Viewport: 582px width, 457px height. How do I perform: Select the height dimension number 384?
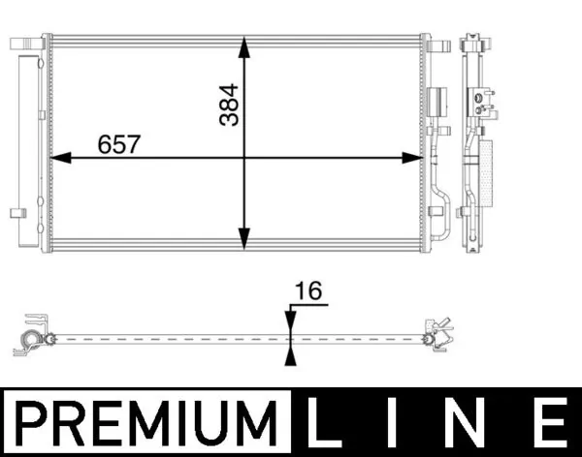tap(229, 104)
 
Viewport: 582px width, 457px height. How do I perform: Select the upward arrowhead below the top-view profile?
tap(289, 353)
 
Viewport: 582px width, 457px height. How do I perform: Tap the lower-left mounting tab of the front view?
tap(18, 213)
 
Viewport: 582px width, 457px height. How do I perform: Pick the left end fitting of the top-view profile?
tap(33, 334)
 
